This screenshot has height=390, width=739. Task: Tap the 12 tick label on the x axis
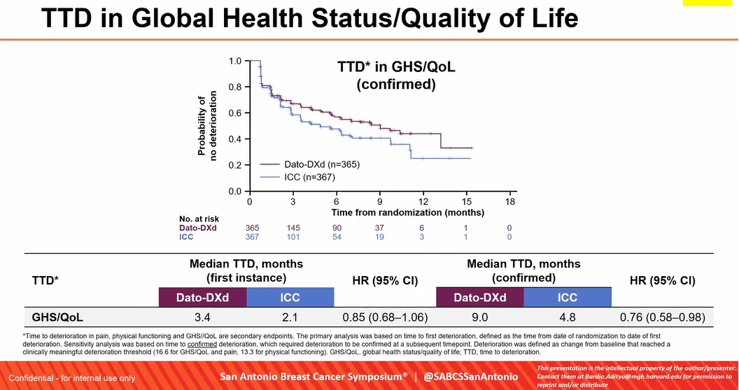(423, 201)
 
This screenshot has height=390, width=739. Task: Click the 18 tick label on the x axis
(510, 201)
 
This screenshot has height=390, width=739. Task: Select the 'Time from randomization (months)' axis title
(407, 211)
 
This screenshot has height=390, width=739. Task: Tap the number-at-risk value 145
(293, 228)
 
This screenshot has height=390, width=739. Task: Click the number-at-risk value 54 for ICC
(337, 237)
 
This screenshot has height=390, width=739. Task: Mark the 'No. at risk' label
(199, 219)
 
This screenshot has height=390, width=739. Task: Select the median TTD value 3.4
(202, 317)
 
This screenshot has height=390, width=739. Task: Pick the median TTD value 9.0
(479, 317)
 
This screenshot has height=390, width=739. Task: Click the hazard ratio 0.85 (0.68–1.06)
(386, 317)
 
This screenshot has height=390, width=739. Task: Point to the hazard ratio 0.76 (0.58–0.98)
(662, 317)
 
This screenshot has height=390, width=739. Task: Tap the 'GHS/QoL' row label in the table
(58, 317)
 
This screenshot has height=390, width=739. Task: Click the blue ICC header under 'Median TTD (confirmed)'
(567, 298)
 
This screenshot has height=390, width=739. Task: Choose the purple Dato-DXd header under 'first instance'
(202, 298)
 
